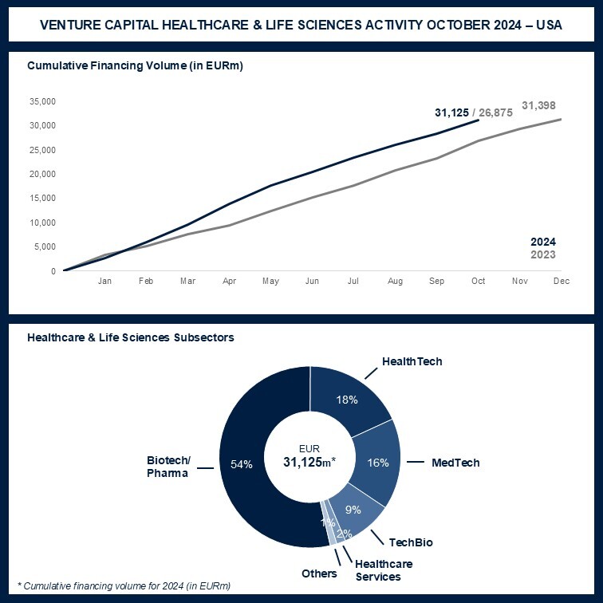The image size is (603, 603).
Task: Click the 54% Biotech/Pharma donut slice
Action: [247, 464]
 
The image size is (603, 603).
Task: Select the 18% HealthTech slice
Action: [348, 400]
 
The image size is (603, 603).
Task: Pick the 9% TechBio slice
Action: [353, 510]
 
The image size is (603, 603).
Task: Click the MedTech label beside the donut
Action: [455, 463]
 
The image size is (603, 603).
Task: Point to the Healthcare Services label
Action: [378, 570]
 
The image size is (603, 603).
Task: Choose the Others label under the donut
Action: [319, 573]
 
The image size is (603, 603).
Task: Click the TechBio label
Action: [412, 543]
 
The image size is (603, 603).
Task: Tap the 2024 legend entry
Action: [543, 242]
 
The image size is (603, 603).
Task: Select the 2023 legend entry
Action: [543, 255]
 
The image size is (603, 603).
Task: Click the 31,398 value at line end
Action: [538, 105]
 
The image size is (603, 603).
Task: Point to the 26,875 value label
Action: [495, 113]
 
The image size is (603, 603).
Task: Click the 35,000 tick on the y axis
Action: [41, 101]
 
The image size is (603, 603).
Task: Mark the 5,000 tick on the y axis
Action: [44, 246]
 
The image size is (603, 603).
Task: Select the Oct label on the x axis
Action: [479, 282]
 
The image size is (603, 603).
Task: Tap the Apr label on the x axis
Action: [229, 282]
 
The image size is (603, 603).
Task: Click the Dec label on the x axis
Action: [562, 282]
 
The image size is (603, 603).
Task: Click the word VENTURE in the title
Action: [73, 26]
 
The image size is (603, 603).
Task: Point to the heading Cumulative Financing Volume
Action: [135, 65]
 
